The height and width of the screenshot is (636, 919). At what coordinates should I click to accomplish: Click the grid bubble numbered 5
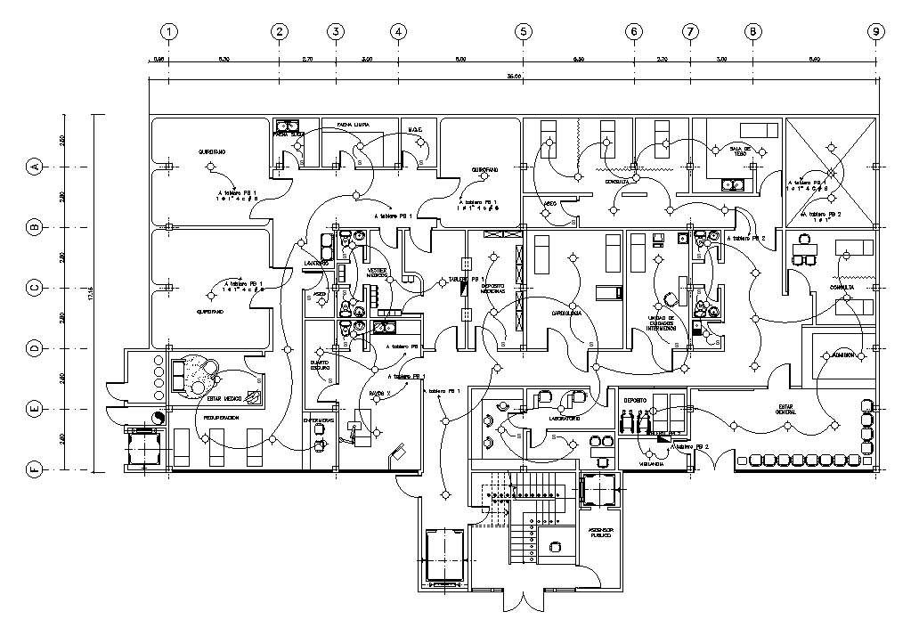tap(523, 31)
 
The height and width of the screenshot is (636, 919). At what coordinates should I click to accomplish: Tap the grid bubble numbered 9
tap(877, 31)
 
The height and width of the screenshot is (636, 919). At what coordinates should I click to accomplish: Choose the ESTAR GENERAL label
tap(787, 409)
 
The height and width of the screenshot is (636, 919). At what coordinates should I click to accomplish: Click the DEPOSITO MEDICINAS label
tap(493, 289)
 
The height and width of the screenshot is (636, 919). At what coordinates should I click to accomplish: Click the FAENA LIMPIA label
tap(353, 126)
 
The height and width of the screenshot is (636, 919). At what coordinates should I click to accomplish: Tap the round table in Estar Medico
tap(196, 373)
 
